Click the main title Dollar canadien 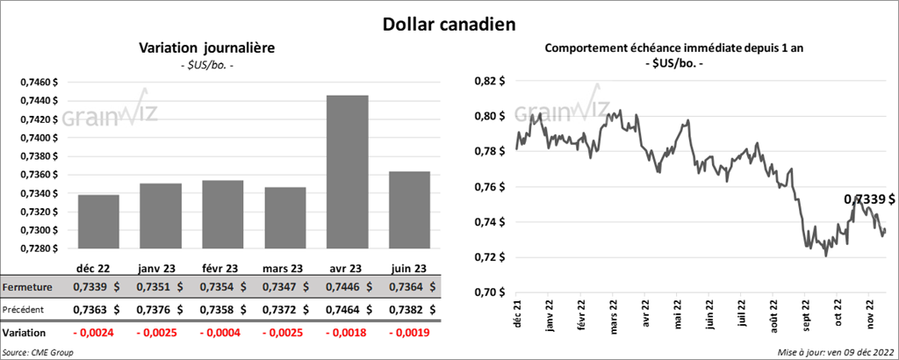point(449,23)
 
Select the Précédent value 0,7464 point(341,310)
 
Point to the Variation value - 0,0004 point(219,334)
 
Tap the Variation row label point(25,334)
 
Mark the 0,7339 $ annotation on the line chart point(869,200)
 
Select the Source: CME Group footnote point(38,352)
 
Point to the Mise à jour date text point(835,352)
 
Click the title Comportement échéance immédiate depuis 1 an point(675,49)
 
